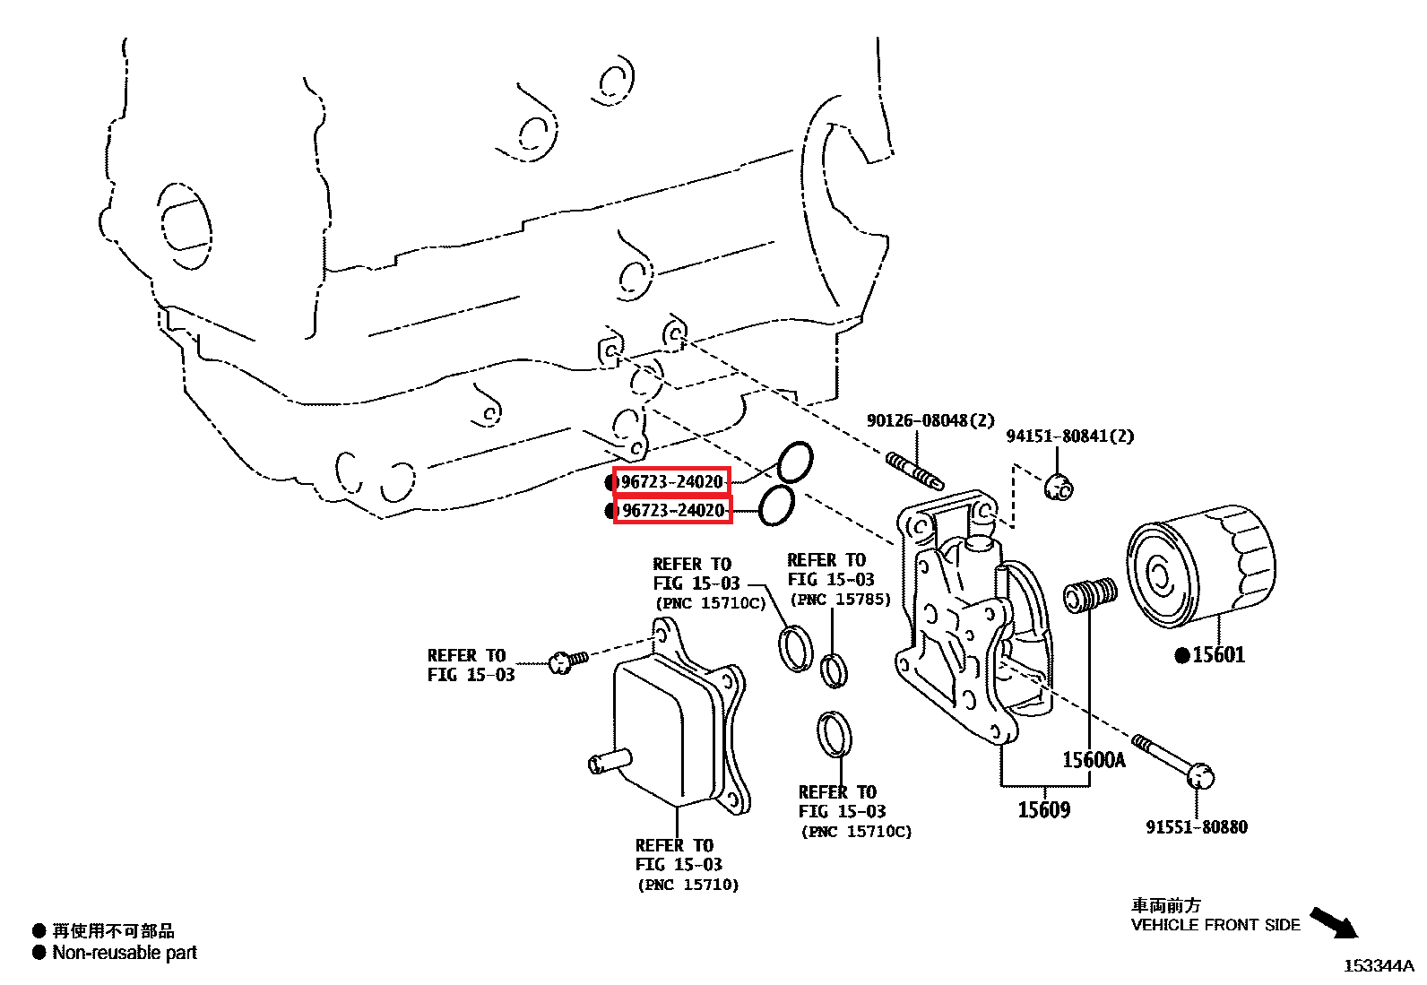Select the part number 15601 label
click(x=1218, y=655)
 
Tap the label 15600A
click(x=1093, y=760)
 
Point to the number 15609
click(x=1043, y=810)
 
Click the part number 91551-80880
click(x=1196, y=827)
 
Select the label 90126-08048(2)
click(x=930, y=420)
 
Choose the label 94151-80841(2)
click(x=1069, y=436)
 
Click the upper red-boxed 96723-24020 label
click(x=671, y=481)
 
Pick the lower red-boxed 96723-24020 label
click(x=672, y=510)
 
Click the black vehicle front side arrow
click(x=1335, y=923)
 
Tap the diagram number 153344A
click(x=1378, y=965)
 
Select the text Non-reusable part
click(x=125, y=953)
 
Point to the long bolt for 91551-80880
click(x=1171, y=759)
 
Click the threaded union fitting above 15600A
click(x=1090, y=594)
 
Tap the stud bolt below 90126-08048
click(x=914, y=471)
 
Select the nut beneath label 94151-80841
click(x=1059, y=488)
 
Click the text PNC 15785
click(x=840, y=600)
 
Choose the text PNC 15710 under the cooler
click(x=688, y=885)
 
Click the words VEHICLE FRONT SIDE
click(x=1215, y=925)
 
